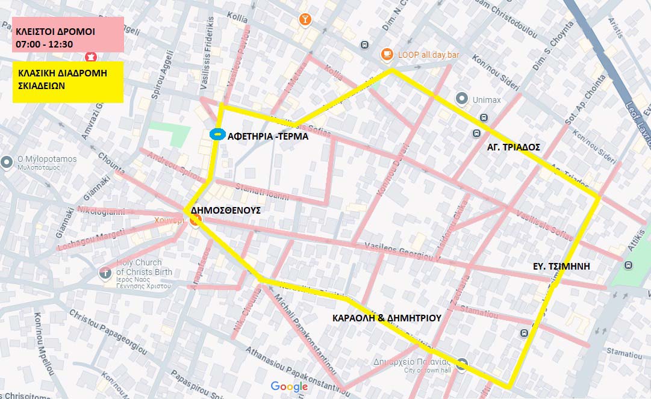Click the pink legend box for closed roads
pyautogui.click(x=67, y=35)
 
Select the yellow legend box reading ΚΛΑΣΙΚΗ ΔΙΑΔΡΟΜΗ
pyautogui.click(x=67, y=82)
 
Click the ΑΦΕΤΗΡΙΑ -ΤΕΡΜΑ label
pyautogui.click(x=268, y=136)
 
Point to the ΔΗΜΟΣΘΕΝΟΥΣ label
pyautogui.click(x=225, y=211)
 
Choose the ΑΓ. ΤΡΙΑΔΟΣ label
pyautogui.click(x=514, y=147)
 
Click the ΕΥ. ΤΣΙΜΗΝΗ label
pyautogui.click(x=561, y=265)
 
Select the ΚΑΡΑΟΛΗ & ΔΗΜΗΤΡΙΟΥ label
pyautogui.click(x=387, y=318)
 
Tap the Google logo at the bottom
pyautogui.click(x=289, y=386)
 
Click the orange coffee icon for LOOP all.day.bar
pyautogui.click(x=387, y=55)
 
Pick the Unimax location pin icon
pyautogui.click(x=462, y=98)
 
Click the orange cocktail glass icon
pyautogui.click(x=306, y=20)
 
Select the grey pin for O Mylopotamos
pyautogui.click(x=7, y=162)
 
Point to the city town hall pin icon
pyautogui.click(x=462, y=364)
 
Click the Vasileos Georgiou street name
pyautogui.click(x=399, y=252)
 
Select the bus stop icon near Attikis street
pyautogui.click(x=629, y=265)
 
